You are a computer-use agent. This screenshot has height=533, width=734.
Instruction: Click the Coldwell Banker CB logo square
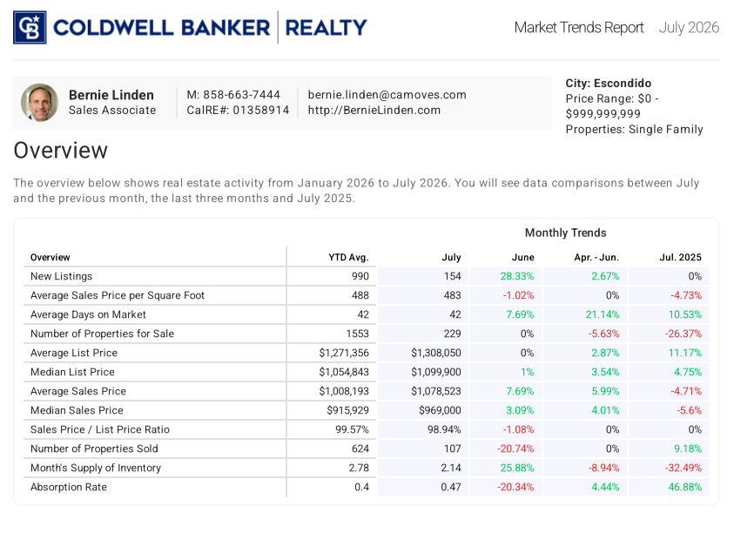point(30,28)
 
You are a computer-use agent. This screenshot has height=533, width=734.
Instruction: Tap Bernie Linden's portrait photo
point(39,103)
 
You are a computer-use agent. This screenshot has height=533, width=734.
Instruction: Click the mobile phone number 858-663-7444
point(241,95)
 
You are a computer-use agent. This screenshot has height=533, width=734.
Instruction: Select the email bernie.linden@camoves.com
point(387,95)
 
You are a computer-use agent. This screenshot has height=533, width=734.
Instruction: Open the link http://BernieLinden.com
point(374,110)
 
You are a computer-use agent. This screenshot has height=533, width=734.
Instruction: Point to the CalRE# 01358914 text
point(238,110)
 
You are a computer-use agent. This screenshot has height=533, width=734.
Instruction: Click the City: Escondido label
point(608,84)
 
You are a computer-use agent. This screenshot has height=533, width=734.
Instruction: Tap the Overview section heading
point(60,151)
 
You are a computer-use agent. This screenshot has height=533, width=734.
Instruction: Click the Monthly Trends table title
point(565,233)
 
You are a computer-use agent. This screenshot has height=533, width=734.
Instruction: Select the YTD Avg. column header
point(348,257)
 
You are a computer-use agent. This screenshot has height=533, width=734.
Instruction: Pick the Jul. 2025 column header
point(680,257)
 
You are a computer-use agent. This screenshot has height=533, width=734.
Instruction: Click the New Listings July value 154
point(452,276)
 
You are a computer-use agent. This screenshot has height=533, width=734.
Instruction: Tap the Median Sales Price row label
point(77,410)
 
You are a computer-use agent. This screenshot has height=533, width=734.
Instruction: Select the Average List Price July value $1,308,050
point(436,353)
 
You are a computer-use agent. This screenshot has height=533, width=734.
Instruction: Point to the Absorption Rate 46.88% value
point(685,487)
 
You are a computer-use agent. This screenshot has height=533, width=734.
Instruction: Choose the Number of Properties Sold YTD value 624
point(360,449)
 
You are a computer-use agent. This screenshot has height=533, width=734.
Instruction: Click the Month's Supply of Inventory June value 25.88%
point(517,468)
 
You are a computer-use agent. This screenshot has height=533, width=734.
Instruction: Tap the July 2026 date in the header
point(689,28)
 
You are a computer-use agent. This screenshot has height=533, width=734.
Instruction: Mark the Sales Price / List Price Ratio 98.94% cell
point(444,429)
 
